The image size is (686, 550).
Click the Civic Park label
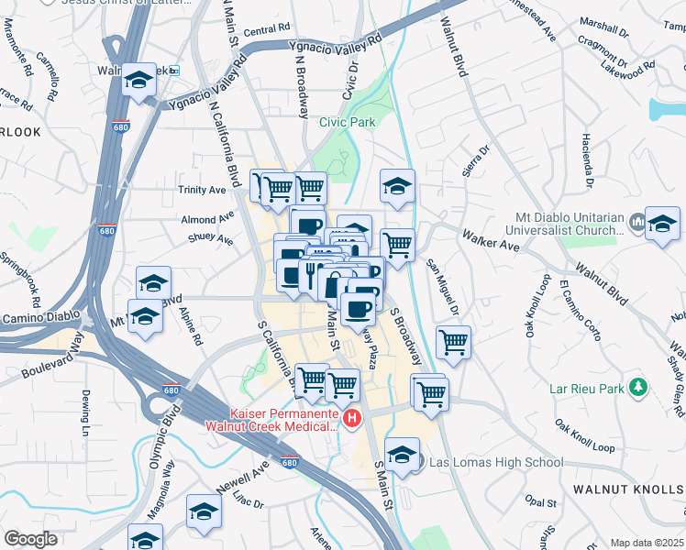(x=347, y=122)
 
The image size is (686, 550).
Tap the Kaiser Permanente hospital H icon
(x=352, y=419)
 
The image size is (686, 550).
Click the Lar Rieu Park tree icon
(x=639, y=388)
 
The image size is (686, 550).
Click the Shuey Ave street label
(x=211, y=239)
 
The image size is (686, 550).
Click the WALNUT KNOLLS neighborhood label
(x=628, y=489)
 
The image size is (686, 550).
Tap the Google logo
(x=30, y=539)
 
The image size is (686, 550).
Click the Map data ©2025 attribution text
(x=646, y=543)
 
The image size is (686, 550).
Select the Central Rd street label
(x=267, y=30)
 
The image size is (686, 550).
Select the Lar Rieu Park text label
(x=588, y=389)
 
